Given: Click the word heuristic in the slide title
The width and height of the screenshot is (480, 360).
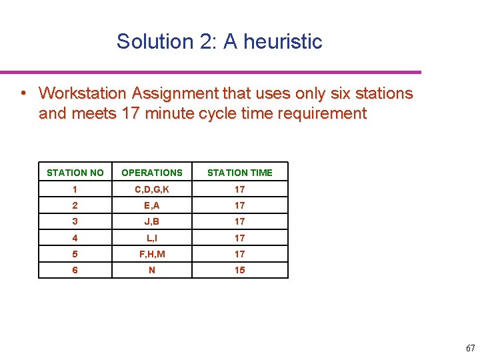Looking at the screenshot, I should [x=283, y=41].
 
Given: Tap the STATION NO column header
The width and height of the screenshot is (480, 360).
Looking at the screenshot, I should [x=75, y=173].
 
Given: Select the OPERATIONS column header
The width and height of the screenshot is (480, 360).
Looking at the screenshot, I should [x=152, y=173].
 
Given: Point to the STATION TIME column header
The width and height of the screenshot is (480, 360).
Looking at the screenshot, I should [x=240, y=173].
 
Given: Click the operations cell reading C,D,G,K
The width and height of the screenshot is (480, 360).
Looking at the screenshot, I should [x=152, y=189].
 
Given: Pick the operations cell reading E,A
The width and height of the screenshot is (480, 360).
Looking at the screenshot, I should [x=152, y=205].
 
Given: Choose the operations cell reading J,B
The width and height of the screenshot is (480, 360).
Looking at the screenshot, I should [x=152, y=221].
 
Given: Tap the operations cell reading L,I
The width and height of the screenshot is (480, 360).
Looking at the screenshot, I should [x=152, y=238].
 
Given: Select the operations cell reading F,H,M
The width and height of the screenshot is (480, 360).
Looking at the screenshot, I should [x=152, y=254].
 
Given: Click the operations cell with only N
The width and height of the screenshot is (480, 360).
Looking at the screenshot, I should [x=152, y=270].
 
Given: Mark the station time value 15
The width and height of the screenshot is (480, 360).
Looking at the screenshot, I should [x=240, y=270].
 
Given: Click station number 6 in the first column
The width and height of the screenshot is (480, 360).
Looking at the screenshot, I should [x=75, y=270].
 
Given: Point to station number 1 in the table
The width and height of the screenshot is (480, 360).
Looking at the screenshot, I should [x=75, y=189].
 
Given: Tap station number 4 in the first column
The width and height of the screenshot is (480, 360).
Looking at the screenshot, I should [x=75, y=238].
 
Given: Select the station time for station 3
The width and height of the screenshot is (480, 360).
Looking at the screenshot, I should [x=240, y=221].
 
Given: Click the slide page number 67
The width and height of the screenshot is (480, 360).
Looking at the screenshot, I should [x=470, y=348].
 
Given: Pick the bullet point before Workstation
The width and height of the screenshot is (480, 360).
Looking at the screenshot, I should [x=23, y=93].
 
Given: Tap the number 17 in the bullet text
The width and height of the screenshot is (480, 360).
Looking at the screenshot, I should [x=129, y=113].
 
